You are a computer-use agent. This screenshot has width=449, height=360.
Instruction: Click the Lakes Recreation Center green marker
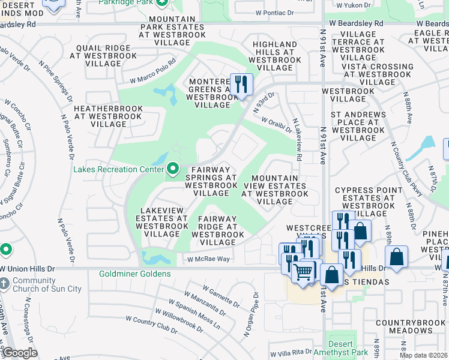tap(173, 169)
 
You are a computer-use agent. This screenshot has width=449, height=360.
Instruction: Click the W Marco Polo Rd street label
tap(153, 71)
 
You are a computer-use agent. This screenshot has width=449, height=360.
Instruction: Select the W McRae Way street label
tap(208, 259)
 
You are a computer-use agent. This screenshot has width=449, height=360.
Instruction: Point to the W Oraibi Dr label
tap(277, 123)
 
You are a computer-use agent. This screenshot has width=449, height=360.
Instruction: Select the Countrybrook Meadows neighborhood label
tap(411, 326)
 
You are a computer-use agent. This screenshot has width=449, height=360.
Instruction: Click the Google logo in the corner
tap(20, 353)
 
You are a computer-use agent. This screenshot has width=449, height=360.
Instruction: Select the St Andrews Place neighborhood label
tap(358, 125)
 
